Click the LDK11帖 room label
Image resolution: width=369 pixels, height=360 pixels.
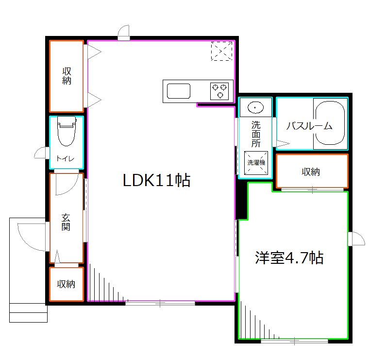(156, 181)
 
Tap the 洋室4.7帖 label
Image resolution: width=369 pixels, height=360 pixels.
(289, 257)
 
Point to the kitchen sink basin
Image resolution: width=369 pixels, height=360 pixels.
(179, 91)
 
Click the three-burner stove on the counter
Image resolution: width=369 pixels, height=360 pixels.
(219, 91)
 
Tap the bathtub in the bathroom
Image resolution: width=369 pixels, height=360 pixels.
(330, 124)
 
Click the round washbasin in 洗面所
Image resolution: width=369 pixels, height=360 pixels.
(254, 106)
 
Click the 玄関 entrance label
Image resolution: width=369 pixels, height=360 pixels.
(66, 222)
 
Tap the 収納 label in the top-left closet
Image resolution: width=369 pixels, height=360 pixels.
(67, 76)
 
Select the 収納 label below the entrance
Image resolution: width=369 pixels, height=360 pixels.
(66, 284)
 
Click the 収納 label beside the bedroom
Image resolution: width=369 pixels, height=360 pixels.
(311, 171)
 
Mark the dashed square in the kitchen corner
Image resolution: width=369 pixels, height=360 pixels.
(221, 51)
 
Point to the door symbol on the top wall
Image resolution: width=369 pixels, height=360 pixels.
(124, 33)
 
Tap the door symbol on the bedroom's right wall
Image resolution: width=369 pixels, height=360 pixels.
(356, 239)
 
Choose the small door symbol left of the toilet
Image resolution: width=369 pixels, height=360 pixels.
(42, 154)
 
